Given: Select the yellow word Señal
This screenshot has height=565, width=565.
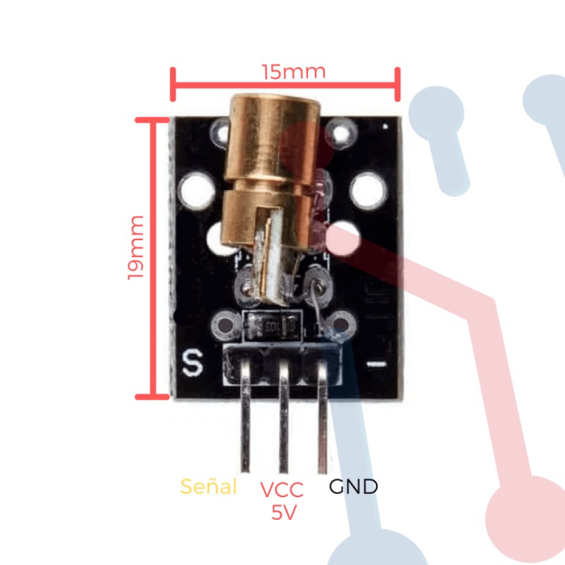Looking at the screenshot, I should tap(208, 487).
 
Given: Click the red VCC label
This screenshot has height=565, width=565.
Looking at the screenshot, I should tap(281, 489).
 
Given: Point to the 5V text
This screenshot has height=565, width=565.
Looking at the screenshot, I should tap(283, 513).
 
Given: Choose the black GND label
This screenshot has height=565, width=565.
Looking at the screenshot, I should tap(353, 487).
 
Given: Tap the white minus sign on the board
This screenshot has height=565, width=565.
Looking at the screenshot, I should tap(376, 364).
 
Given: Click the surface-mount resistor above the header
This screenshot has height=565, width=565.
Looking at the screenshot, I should tap(271, 326).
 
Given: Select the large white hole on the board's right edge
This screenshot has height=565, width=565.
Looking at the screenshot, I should tap(369, 189).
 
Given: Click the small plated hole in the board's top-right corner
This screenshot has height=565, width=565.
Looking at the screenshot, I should tap(343, 132).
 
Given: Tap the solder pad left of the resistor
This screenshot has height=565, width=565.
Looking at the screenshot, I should tap(226, 326).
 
